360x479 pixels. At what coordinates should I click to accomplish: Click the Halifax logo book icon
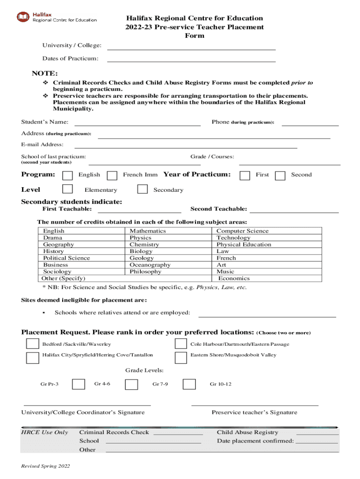23,17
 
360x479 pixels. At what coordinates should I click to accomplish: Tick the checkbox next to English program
68,175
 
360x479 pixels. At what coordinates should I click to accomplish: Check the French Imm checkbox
112,175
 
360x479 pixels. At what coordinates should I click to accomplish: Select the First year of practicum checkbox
245,175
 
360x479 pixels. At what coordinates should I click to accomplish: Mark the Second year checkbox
280,175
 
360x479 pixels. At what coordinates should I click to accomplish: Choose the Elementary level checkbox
68,189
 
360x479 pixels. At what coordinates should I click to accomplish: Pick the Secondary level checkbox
143,189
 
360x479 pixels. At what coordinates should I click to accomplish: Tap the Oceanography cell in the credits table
150,265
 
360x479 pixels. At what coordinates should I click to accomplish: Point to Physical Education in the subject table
244,245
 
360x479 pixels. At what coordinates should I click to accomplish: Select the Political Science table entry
66,258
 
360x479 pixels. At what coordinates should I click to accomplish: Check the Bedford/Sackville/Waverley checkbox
32,344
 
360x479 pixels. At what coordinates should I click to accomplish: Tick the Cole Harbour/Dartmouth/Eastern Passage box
181,344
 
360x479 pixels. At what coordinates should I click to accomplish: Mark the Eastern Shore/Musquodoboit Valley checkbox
181,358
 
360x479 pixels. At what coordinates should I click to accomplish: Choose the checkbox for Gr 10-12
189,384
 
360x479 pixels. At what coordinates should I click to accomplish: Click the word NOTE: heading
45,73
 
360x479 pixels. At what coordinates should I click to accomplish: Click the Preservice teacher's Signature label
254,413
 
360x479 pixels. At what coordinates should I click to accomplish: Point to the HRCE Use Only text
44,433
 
